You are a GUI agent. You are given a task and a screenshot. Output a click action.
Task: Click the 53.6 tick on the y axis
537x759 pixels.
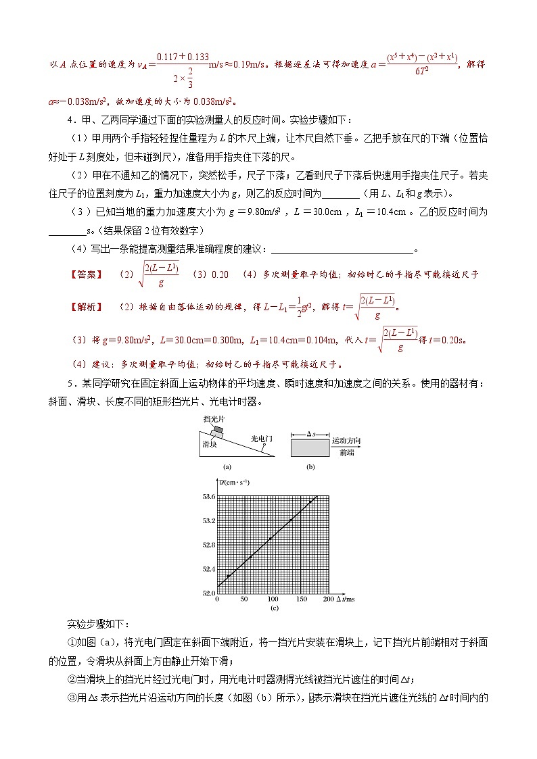208,497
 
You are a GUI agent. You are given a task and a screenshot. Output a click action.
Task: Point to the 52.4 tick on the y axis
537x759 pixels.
208,569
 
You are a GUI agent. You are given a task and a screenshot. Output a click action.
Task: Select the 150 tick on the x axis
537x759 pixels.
300,599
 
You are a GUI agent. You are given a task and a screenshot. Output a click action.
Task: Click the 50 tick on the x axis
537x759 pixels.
244,599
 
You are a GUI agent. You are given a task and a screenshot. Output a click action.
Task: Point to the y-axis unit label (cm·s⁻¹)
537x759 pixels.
234,482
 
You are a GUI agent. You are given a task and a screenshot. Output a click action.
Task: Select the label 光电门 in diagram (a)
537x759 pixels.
261,439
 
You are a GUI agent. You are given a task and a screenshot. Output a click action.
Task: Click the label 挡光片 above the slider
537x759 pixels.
213,419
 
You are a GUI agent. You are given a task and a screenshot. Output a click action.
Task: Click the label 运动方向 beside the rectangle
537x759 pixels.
346,441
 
